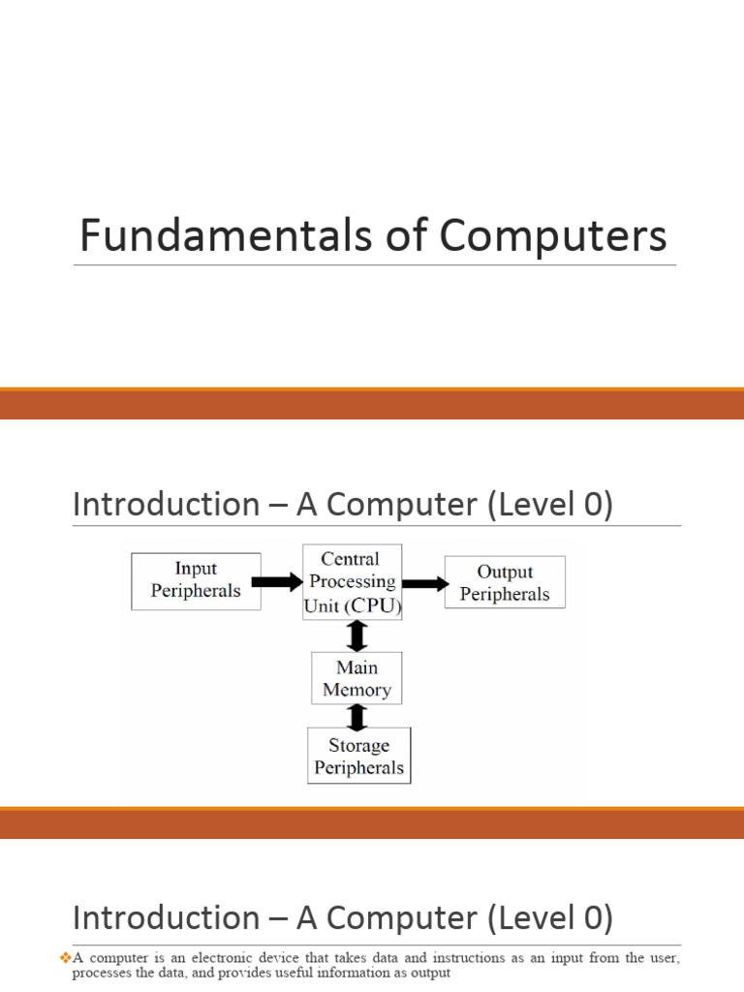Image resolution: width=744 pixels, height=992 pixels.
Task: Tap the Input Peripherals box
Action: (x=196, y=580)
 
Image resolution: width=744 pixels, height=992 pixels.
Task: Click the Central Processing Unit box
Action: (x=353, y=582)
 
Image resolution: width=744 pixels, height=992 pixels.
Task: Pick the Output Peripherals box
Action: (x=504, y=583)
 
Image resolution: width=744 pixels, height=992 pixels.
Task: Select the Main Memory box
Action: (x=356, y=678)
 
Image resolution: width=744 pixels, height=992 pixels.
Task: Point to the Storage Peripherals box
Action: (x=358, y=757)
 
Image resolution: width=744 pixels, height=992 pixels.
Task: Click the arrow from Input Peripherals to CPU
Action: (x=277, y=582)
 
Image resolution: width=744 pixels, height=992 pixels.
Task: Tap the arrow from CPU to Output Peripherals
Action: (x=423, y=582)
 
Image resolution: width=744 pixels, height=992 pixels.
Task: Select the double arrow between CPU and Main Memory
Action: (x=357, y=635)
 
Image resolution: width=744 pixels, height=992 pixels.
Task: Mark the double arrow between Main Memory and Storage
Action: (x=357, y=717)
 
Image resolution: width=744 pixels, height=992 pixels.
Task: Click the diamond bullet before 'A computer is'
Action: (x=66, y=957)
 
